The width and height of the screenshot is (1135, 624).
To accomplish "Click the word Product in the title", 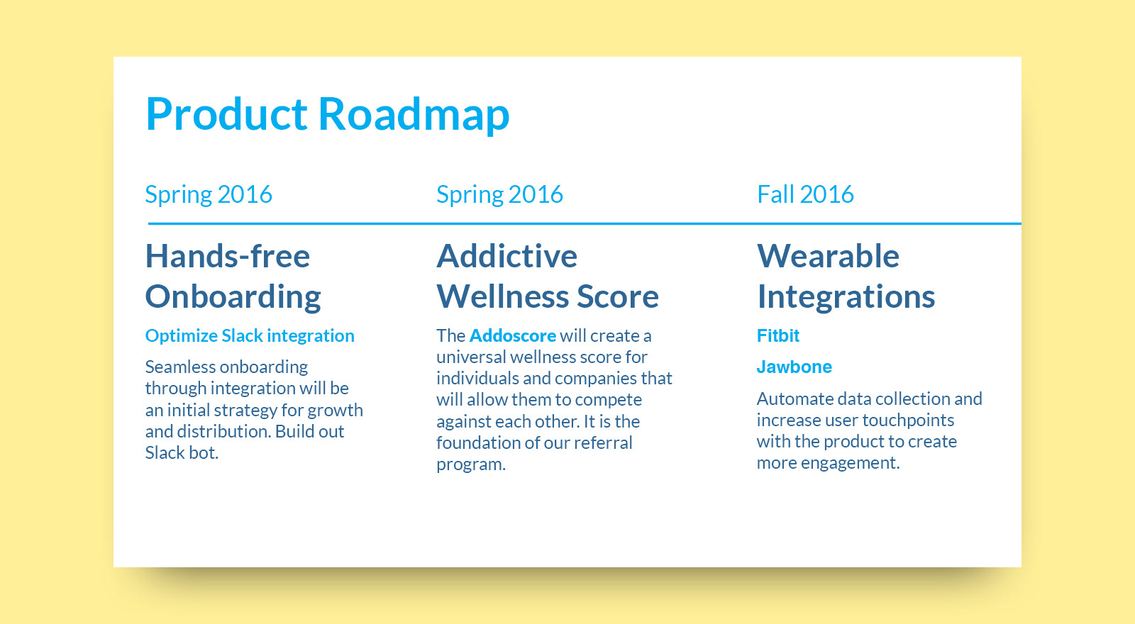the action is click(x=226, y=113).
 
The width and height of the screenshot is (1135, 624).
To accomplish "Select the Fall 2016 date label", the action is click(x=805, y=194).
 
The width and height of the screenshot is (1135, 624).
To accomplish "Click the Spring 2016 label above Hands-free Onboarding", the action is click(x=209, y=195).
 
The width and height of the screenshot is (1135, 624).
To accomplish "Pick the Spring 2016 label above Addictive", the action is click(x=499, y=195).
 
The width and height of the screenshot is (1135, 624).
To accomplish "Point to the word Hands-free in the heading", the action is click(x=228, y=256).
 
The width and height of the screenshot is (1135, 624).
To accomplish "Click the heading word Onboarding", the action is click(x=233, y=297).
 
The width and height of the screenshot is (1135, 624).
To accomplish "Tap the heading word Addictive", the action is click(x=506, y=256).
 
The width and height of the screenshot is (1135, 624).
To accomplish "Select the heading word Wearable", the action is click(x=828, y=256).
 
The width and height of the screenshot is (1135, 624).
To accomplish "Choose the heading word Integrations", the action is click(x=846, y=297).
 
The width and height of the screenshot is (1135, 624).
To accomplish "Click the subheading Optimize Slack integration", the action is click(x=250, y=336).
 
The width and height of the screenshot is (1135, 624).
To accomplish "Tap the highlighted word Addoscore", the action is click(x=513, y=336).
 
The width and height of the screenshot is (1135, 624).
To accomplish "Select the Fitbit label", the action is click(x=777, y=336).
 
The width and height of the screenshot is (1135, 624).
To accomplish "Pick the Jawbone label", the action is click(x=794, y=367).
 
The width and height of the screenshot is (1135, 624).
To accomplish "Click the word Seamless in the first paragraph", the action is click(x=179, y=367).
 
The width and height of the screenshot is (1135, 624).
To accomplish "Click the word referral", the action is click(x=603, y=442).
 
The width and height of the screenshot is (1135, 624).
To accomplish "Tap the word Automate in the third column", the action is click(x=794, y=399).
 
